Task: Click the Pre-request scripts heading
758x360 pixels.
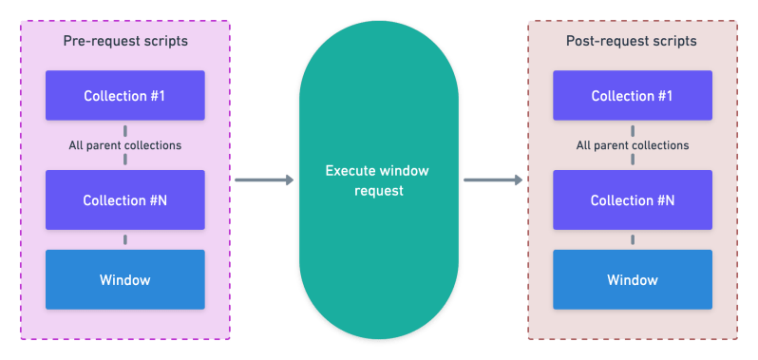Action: [x=125, y=42]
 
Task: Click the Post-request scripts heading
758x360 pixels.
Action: [x=632, y=42]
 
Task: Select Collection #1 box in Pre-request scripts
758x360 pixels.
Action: [x=125, y=96]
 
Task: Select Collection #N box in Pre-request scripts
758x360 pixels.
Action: [x=125, y=200]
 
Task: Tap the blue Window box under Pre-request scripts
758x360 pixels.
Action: [x=125, y=280]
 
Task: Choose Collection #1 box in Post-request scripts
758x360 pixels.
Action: [x=632, y=96]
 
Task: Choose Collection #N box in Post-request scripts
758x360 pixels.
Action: [x=632, y=200]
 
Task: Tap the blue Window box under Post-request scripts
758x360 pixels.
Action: [x=632, y=280]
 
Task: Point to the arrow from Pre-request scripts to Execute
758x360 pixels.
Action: [x=263, y=180]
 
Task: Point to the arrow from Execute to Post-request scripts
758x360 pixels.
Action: [x=493, y=180]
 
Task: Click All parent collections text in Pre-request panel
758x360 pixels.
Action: [x=125, y=145]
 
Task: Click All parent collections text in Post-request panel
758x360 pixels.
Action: [x=632, y=145]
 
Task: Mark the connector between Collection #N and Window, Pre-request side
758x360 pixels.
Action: [x=125, y=239]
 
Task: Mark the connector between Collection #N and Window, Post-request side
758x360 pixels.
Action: [x=632, y=239]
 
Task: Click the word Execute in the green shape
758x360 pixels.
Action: [x=352, y=172]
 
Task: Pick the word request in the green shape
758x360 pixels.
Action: [x=379, y=190]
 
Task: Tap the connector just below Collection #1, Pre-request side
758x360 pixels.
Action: [x=125, y=129]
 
